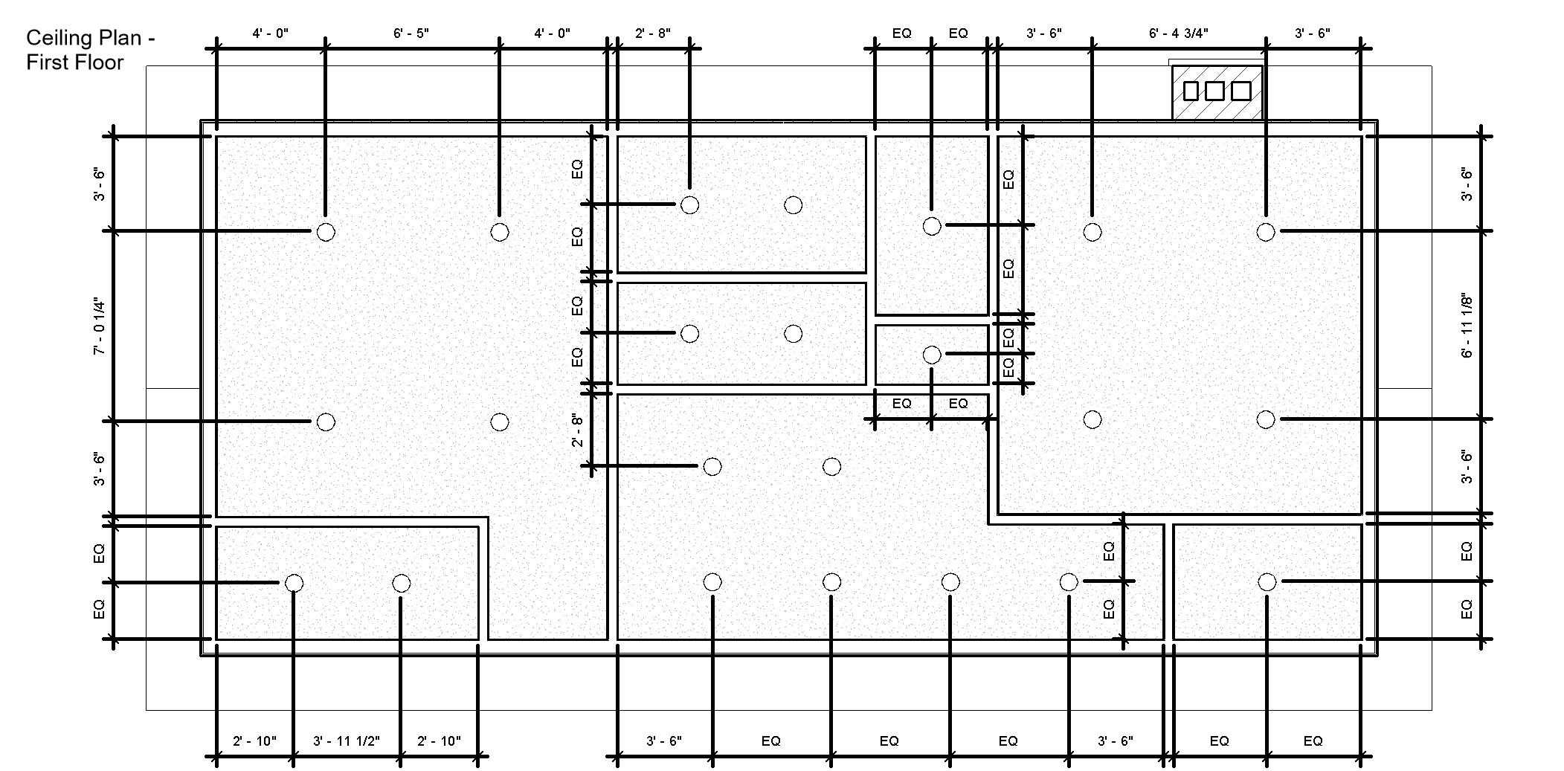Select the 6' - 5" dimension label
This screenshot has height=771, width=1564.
411,33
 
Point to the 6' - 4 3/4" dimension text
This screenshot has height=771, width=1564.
1179,33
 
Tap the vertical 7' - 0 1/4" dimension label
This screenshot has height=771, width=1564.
100,326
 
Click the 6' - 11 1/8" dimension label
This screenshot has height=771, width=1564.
1467,326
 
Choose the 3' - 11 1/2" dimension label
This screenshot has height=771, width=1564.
347,741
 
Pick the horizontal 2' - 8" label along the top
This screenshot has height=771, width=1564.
653,33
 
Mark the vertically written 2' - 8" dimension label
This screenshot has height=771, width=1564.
578,430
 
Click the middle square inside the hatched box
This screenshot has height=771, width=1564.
1214,91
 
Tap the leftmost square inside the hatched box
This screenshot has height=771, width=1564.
1191,91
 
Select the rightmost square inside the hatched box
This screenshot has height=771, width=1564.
1241,91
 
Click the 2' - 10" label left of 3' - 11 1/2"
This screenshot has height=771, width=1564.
254,741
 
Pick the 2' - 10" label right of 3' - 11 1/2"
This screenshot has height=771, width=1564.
439,741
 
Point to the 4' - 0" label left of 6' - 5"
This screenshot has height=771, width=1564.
271,33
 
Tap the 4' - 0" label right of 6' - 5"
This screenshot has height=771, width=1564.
553,33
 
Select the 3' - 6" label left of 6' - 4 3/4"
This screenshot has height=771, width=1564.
1044,33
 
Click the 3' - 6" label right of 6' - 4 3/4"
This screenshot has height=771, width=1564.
1313,33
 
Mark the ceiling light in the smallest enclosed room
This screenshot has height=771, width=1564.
932,355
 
